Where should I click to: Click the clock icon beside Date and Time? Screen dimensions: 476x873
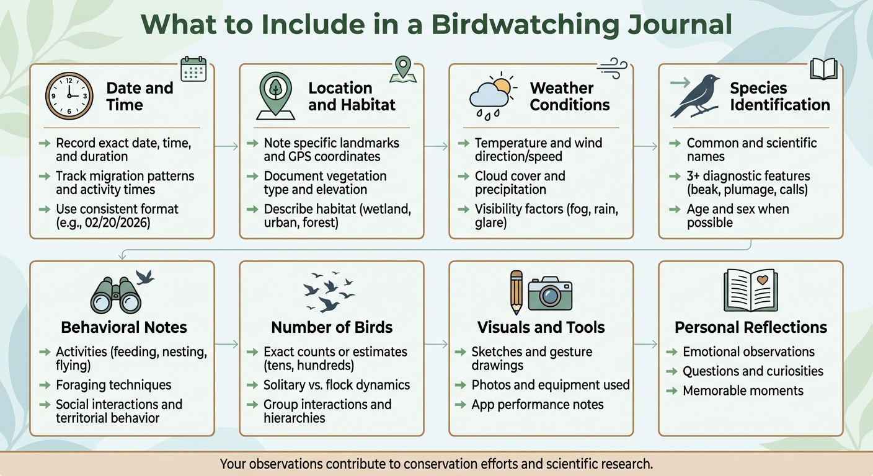point(69,96)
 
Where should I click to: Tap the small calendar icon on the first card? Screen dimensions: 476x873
point(193,69)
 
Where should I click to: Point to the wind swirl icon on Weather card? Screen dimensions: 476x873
point(613,68)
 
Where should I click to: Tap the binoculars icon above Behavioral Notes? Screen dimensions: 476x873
point(117,295)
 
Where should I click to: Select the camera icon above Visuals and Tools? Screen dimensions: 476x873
point(550,293)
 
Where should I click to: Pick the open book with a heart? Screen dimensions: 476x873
point(751,290)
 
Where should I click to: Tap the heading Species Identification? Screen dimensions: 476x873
point(779,96)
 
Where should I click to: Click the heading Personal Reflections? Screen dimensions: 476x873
point(751,327)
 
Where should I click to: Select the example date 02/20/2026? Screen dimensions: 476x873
point(131,223)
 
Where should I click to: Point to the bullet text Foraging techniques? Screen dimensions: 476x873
point(113,385)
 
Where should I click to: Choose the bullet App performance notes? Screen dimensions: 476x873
point(538,405)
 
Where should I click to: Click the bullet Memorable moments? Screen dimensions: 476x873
point(743,391)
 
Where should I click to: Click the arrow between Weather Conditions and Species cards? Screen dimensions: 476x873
point(645,147)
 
